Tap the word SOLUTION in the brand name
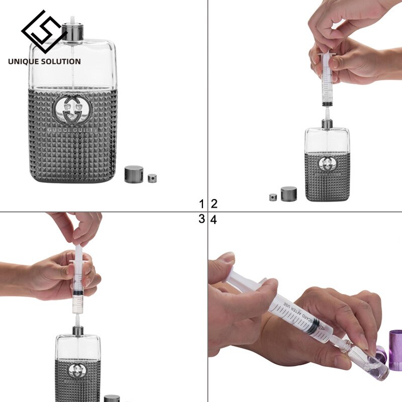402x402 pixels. tap(61, 61)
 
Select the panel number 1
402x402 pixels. tap(202, 204)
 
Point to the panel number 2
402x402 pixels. tap(214, 204)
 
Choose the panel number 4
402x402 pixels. tap(214, 220)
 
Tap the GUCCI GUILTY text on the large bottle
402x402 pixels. tap(73, 129)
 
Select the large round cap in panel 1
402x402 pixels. tap(134, 174)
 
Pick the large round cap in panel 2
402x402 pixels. tap(289, 194)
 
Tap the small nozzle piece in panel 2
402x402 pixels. tap(273, 197)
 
